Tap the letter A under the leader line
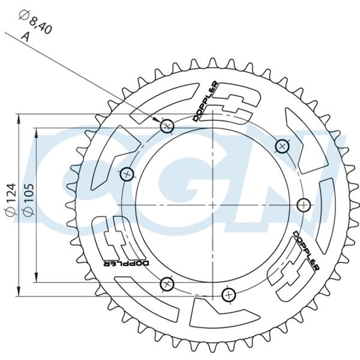coord(26,37)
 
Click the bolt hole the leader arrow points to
coord(167,126)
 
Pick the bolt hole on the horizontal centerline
coord(304,205)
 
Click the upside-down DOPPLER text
coord(126,263)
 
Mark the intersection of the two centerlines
coord(213,205)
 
